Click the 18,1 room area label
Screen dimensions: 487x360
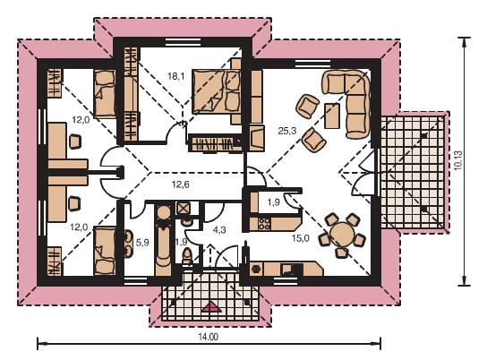[x=175, y=76]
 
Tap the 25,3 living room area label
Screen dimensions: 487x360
[x=287, y=131]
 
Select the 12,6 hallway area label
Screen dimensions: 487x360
[x=181, y=184]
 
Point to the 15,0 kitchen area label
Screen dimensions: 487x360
[x=300, y=238]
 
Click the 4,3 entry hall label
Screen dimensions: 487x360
[x=219, y=230]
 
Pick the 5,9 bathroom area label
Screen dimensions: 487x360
[x=142, y=243]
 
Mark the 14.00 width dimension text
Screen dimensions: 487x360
[x=208, y=337]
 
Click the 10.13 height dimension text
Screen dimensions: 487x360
[x=457, y=160]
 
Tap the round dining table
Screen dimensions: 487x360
[x=341, y=234]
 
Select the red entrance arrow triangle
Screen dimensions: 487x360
[x=212, y=307]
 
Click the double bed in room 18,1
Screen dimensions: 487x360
[x=217, y=91]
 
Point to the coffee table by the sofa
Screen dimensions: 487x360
[x=332, y=116]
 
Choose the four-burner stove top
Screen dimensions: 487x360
[x=264, y=223]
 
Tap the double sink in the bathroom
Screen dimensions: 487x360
[x=128, y=244]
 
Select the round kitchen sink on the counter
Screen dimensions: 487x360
[x=257, y=268]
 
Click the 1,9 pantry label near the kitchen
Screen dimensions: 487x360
[x=273, y=202]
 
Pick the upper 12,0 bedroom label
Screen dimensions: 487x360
[x=81, y=120]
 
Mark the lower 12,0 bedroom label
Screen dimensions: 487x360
[x=79, y=227]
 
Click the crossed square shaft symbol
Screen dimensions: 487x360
[x=183, y=208]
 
